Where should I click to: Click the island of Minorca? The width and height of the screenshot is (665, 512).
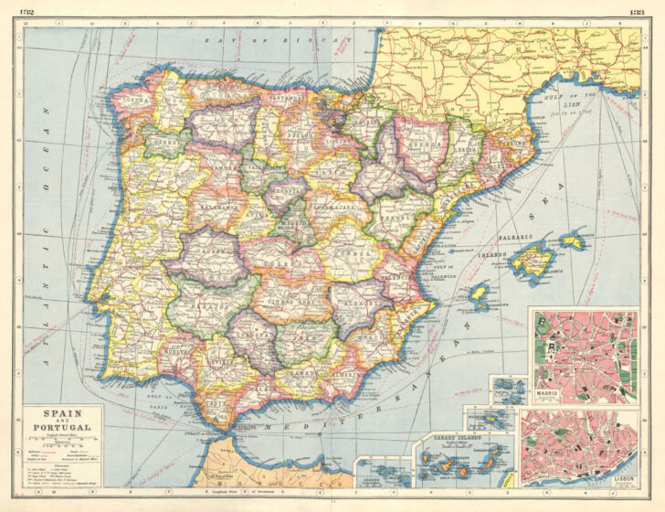coord(573,240)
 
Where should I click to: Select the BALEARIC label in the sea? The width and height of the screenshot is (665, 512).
coord(515,237)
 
